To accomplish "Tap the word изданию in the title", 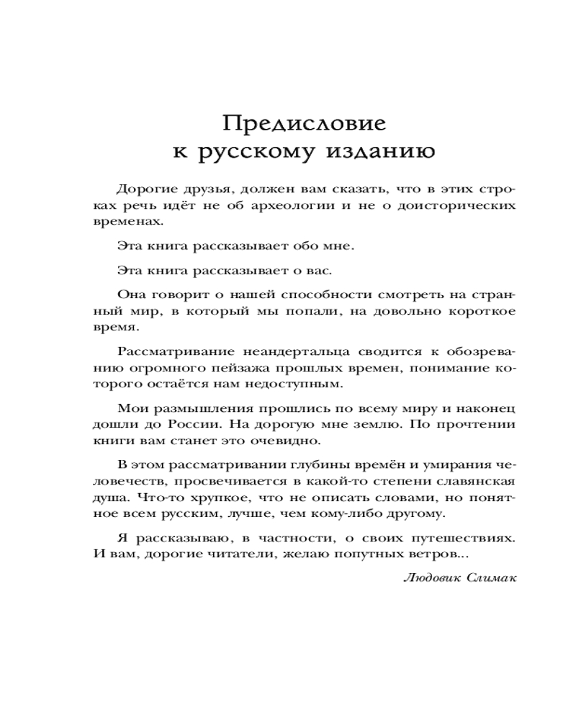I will coord(382,153).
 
